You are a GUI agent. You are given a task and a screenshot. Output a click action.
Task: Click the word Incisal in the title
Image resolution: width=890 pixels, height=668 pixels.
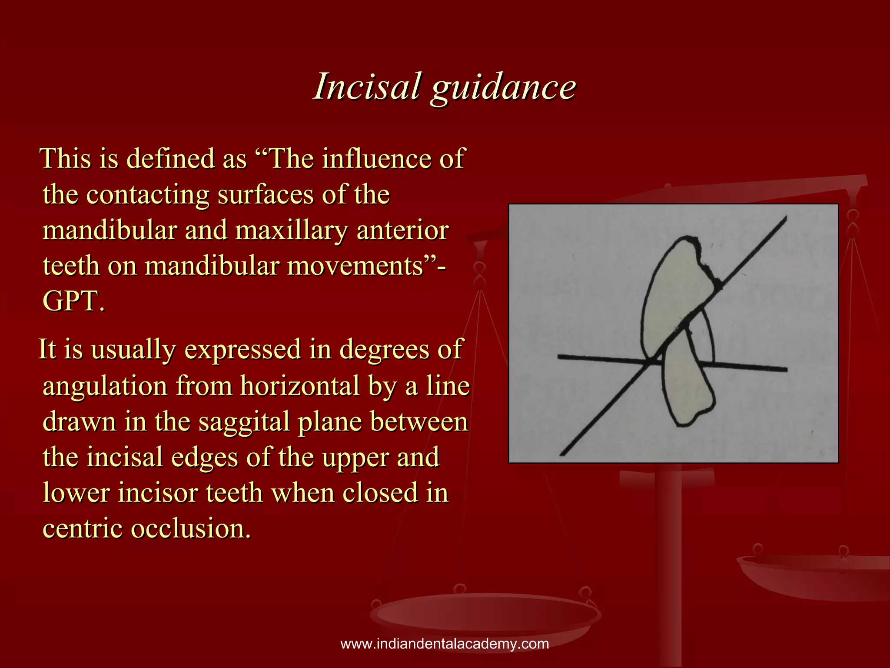click(x=367, y=86)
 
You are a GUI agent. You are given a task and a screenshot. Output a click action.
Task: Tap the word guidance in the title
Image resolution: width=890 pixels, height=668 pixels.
click(x=503, y=87)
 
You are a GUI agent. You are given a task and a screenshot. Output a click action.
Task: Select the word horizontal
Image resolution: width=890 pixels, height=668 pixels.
click(x=300, y=386)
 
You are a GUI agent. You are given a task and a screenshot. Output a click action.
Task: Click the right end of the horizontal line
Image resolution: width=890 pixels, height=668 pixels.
click(x=786, y=370)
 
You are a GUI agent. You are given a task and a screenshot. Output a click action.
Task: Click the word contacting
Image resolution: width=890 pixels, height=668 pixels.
click(x=148, y=194)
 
